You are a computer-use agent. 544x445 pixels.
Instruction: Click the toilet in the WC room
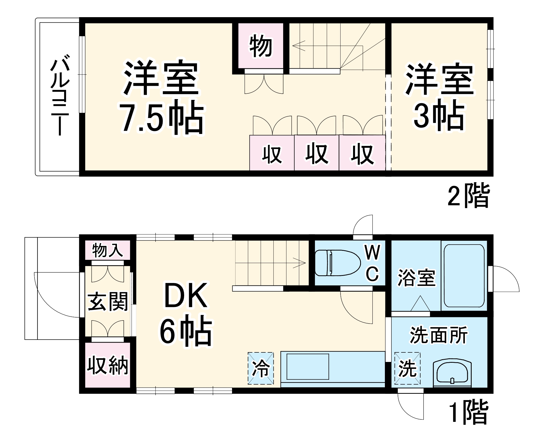tap(337, 263)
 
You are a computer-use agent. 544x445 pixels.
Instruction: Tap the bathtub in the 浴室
tap(464, 276)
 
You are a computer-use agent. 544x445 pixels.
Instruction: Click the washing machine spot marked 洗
tap(407, 368)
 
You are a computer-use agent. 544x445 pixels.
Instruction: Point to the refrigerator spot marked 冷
tap(261, 368)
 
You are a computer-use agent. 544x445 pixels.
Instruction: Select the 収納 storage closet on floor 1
tap(107, 365)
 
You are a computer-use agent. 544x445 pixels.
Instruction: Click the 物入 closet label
tap(107, 250)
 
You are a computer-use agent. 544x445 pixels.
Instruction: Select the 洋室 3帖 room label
tap(439, 97)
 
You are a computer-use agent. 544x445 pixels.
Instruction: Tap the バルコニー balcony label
tap(59, 95)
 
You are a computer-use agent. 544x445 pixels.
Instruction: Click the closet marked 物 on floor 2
tap(261, 47)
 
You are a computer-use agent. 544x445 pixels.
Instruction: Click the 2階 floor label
tap(468, 196)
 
